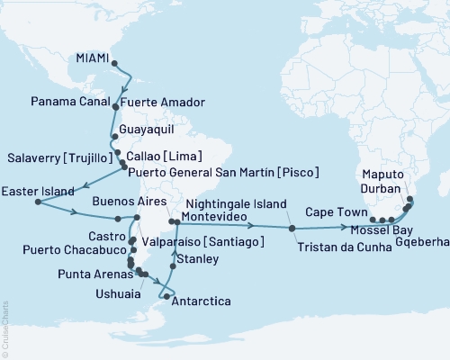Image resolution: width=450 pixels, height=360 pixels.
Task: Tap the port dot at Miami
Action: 112,63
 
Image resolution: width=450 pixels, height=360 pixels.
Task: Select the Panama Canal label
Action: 67,100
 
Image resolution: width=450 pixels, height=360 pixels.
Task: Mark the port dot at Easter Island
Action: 37,202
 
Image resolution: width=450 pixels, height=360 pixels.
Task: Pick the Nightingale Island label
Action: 231,203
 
